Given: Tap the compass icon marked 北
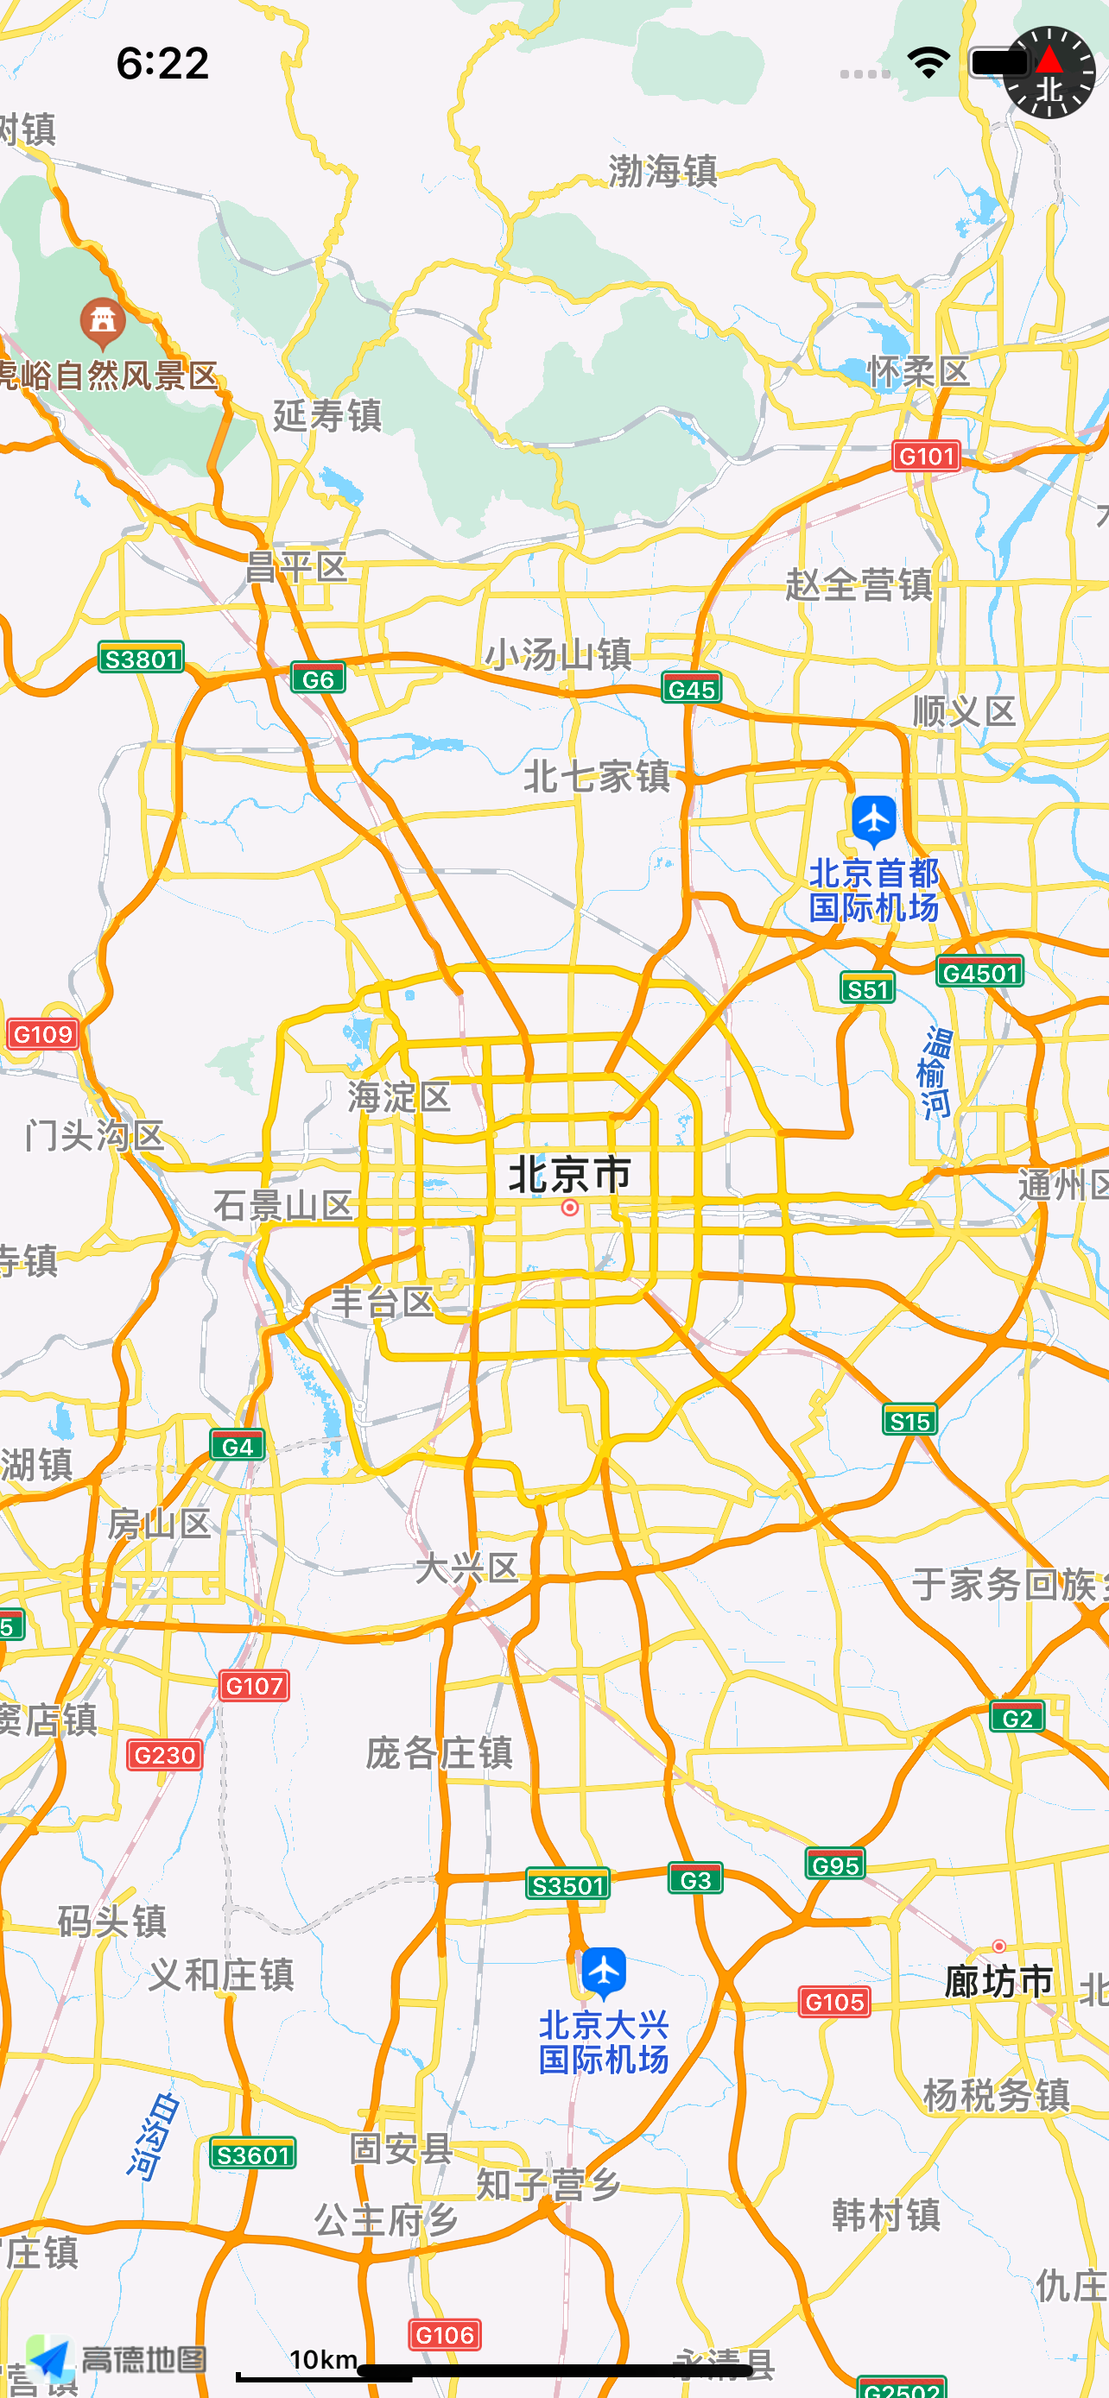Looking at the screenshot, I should pyautogui.click(x=1049, y=73).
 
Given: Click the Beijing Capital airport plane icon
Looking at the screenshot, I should pyautogui.click(x=874, y=820).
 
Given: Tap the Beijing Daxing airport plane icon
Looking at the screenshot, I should pyautogui.click(x=605, y=1970).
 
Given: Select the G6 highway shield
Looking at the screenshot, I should pyautogui.click(x=318, y=678).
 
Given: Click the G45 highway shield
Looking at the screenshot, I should pyautogui.click(x=692, y=689).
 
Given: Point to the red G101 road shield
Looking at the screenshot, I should pyautogui.click(x=927, y=455).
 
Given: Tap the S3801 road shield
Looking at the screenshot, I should pyautogui.click(x=142, y=658).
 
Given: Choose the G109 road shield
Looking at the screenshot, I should pyautogui.click(x=43, y=1033).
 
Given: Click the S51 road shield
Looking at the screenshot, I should pyautogui.click(x=867, y=988).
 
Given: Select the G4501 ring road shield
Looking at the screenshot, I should pyautogui.click(x=979, y=973).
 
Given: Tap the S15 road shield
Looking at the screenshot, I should pyautogui.click(x=909, y=1421).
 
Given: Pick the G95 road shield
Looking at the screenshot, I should pyautogui.click(x=835, y=1865).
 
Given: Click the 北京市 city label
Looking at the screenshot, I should pyautogui.click(x=570, y=1174).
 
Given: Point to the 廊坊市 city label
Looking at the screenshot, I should pyautogui.click(x=998, y=1981).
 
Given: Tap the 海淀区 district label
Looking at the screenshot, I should pyautogui.click(x=399, y=1096).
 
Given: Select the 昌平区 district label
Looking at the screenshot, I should pyautogui.click(x=296, y=567).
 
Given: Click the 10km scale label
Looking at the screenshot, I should pyautogui.click(x=323, y=2358).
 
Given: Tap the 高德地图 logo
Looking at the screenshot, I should pyautogui.click(x=117, y=2359).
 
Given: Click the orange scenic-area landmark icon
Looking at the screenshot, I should pyautogui.click(x=103, y=321).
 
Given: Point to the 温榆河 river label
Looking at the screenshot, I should pyautogui.click(x=935, y=1071).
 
